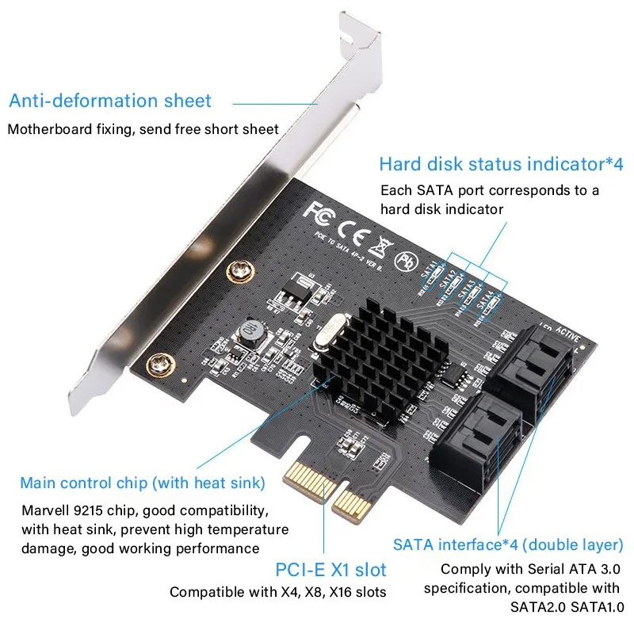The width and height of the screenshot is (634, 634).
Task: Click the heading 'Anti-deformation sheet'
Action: pos(110,101)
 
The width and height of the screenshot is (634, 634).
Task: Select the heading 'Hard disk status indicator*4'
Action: pos(501,164)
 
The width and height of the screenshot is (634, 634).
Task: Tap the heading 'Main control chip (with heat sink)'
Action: pos(143,483)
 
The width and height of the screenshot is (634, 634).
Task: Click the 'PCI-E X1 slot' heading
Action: pos(330,569)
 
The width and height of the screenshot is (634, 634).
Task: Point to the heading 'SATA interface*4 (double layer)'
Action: pos(508,544)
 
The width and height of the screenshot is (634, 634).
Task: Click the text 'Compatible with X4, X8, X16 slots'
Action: pos(277,591)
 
